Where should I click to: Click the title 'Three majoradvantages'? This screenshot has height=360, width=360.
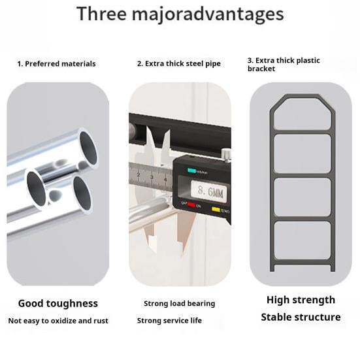click(180, 14)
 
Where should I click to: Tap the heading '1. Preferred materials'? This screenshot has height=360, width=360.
click(56, 64)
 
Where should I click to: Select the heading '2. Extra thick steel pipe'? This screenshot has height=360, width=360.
click(179, 63)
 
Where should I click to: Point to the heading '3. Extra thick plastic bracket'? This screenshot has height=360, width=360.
click(284, 65)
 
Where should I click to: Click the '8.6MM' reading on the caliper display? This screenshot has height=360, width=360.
click(210, 191)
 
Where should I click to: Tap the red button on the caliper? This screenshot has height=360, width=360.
click(191, 205)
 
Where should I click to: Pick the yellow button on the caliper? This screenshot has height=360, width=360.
click(216, 209)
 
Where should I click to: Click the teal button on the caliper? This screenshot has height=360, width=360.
click(191, 171)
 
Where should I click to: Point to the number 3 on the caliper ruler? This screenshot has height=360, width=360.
click(152, 177)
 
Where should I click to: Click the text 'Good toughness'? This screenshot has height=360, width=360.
click(58, 303)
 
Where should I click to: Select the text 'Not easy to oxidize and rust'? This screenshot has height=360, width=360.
click(58, 321)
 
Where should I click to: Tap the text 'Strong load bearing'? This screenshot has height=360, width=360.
click(180, 304)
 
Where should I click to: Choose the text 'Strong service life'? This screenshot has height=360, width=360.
click(169, 321)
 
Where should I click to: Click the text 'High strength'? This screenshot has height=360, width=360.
click(301, 300)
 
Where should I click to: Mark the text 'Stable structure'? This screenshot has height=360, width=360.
click(301, 317)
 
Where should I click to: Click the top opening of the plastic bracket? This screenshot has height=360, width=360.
click(303, 114)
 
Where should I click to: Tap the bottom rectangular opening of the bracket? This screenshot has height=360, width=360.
click(303, 240)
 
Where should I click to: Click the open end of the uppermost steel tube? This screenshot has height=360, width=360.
click(88, 148)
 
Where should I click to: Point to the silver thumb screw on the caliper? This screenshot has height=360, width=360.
click(225, 154)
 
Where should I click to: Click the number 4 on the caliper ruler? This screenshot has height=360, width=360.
click(165, 179)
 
